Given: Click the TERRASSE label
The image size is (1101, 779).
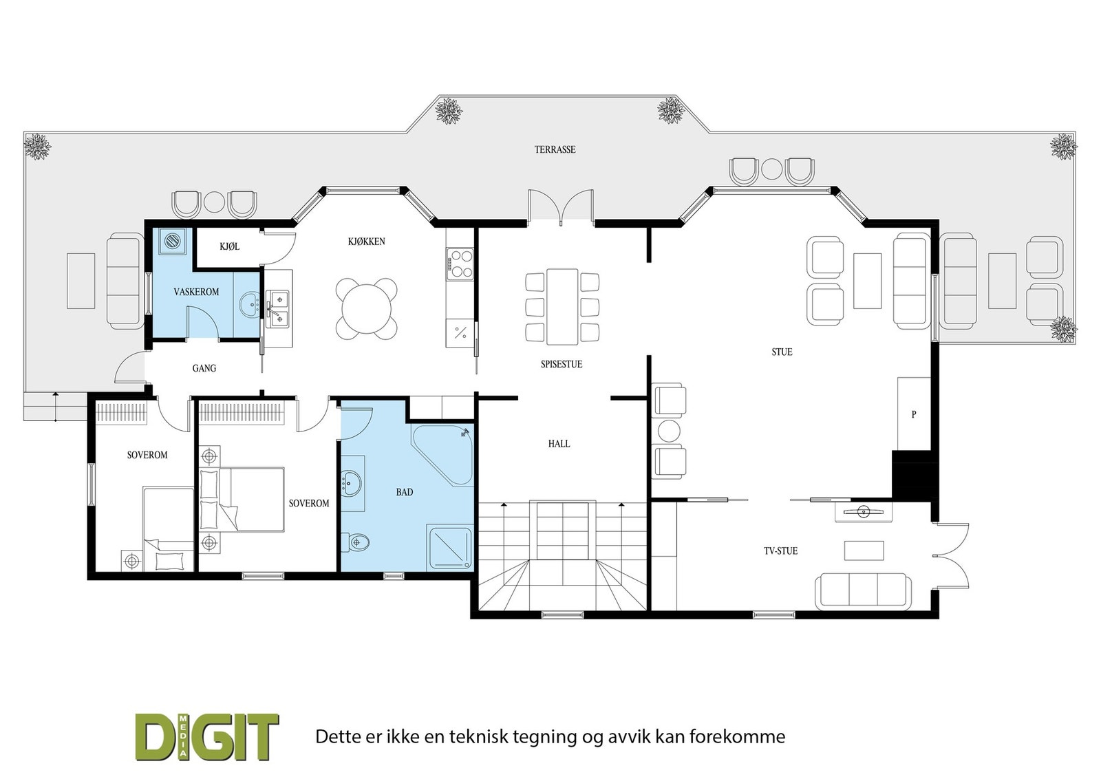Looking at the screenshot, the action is coord(555,149).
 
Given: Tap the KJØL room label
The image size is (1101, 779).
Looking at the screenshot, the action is coord(230,246).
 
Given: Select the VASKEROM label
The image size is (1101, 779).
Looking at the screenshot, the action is coord(196,292).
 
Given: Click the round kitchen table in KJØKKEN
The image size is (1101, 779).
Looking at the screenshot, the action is coord(367,309).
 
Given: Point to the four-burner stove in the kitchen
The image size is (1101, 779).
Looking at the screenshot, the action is coord(460,264).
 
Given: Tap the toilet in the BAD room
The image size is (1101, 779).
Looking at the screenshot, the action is coord(359,542).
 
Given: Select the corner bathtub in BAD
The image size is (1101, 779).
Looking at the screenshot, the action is coord(442,455).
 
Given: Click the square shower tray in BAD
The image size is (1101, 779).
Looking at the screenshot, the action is coord(450,548).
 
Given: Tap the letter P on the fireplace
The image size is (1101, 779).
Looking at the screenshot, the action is coord(914,414).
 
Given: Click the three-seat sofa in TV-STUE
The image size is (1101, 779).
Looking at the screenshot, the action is coord(863,591).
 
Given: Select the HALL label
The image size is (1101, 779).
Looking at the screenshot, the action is coord(559,444).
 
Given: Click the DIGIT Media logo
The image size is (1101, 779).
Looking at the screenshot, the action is coord(207,737).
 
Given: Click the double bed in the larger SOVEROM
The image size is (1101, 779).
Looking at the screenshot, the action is coord(242,500).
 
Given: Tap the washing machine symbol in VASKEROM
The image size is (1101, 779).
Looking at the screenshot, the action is coord(173,241).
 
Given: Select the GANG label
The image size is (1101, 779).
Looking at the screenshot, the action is coord(204,368).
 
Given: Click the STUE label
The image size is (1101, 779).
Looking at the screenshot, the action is coord(782,352).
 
